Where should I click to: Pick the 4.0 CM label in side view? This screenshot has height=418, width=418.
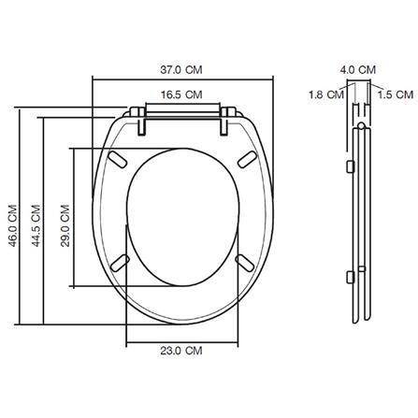(x=358, y=68)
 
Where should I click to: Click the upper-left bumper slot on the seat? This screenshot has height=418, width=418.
(x=118, y=160)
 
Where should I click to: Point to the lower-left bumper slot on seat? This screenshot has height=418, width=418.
(x=120, y=263)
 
